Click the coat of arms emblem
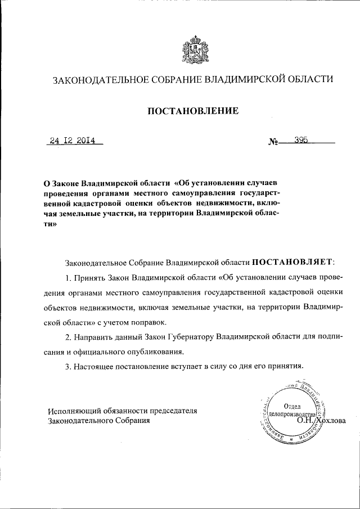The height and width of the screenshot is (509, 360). pos(192,49)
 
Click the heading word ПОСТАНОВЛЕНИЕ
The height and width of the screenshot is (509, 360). pos(193,111)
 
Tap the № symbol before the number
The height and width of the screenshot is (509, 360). pos(274,143)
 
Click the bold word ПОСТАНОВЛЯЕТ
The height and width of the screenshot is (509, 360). pos(293,262)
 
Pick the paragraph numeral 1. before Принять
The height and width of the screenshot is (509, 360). pos(69,277)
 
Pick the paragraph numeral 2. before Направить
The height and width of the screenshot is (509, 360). pos(69,337)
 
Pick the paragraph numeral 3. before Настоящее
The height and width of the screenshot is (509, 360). pos(69,366)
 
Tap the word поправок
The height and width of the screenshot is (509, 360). pos(150,323)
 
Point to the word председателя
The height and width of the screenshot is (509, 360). pos(172,410)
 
